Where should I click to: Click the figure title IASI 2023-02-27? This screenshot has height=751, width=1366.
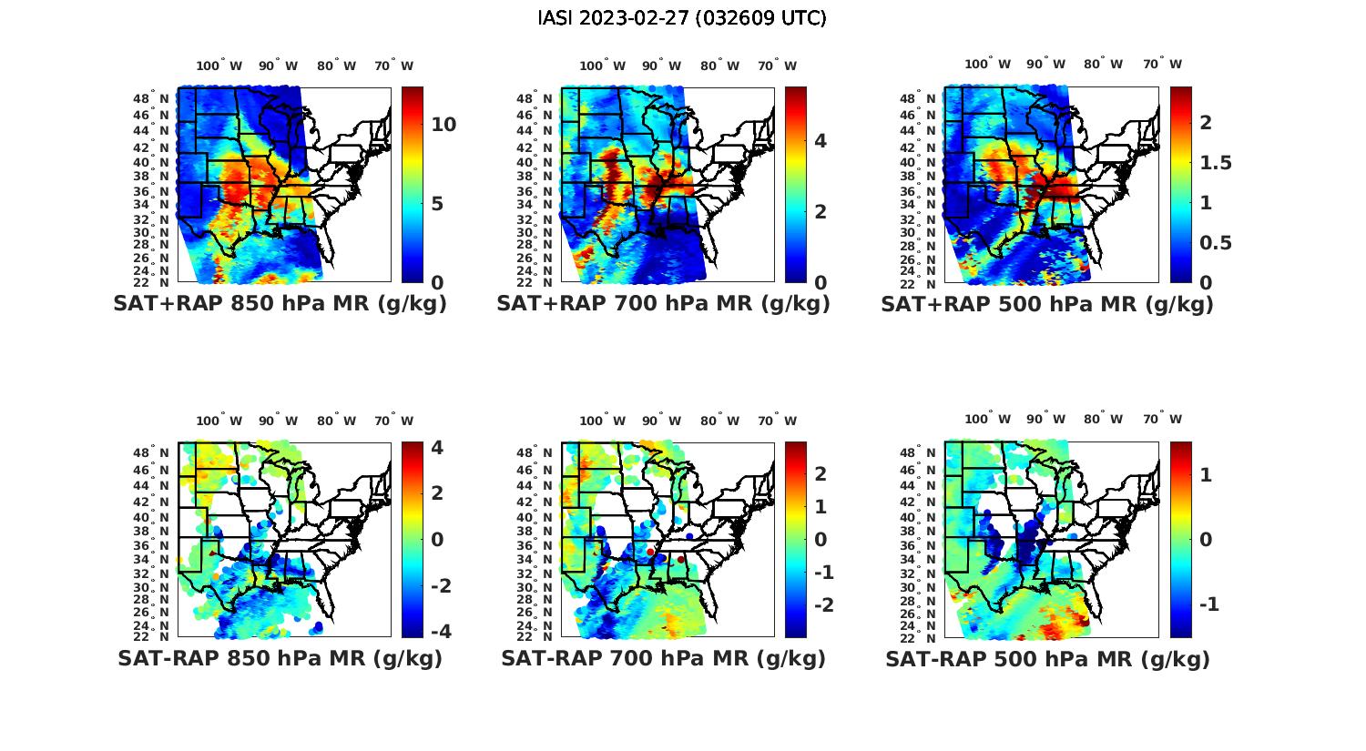[682, 18]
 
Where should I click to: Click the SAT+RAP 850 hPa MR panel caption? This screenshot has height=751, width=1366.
[280, 304]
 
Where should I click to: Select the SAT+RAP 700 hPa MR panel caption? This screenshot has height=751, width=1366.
[663, 304]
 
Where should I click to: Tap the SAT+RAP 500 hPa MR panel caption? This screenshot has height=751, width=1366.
[1047, 304]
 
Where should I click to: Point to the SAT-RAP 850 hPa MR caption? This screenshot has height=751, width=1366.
[280, 658]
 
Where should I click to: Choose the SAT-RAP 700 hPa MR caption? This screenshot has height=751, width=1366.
[663, 658]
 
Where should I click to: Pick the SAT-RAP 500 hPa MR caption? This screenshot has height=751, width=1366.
[1047, 658]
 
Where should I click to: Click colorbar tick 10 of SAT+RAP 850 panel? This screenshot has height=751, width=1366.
[443, 125]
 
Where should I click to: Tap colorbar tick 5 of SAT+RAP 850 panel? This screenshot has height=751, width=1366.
[437, 203]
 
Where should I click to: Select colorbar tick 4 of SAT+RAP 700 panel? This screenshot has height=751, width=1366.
[821, 140]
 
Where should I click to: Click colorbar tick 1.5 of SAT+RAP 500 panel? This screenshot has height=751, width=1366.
[1215, 163]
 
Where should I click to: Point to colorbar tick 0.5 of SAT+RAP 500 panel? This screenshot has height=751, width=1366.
[1215, 242]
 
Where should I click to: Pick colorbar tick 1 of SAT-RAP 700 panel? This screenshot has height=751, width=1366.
[821, 506]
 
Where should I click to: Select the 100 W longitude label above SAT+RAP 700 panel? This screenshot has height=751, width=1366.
[602, 66]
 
